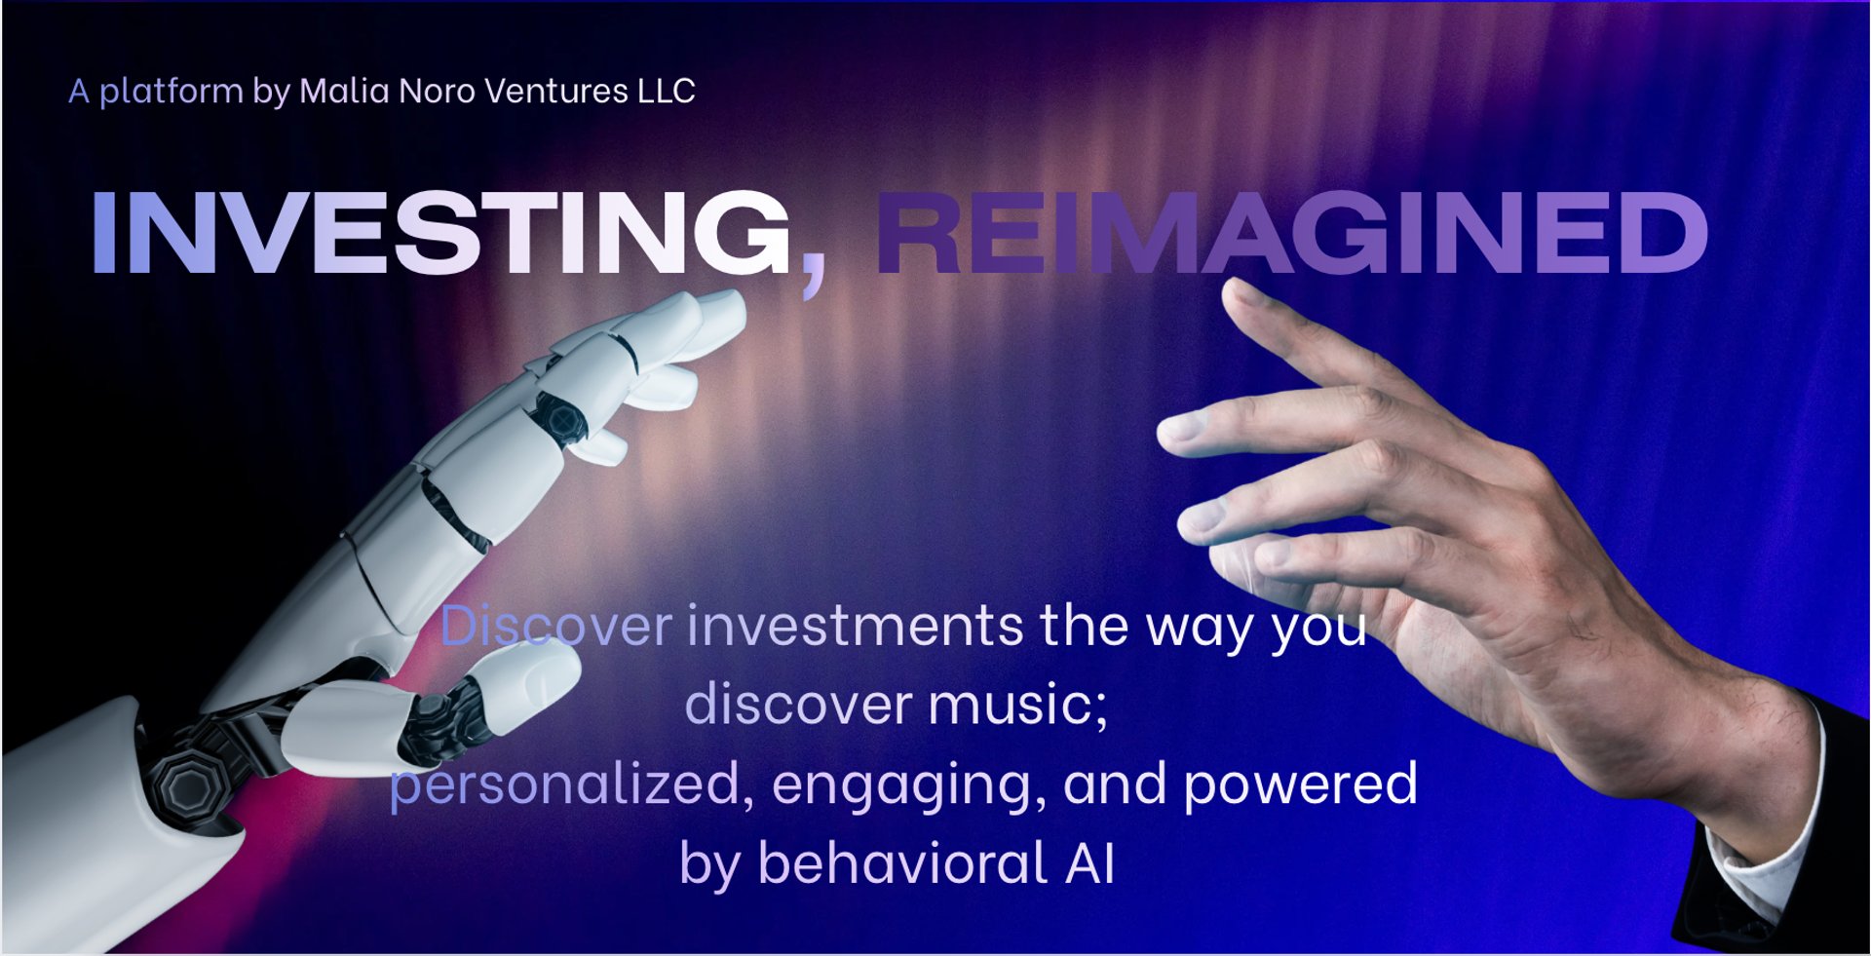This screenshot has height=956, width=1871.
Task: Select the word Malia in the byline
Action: click(345, 91)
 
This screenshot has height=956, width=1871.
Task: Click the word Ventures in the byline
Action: click(556, 91)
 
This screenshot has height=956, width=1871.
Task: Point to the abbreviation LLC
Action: click(667, 91)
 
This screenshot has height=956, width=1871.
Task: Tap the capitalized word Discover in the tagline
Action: click(556, 625)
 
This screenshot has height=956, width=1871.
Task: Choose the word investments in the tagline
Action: click(856, 626)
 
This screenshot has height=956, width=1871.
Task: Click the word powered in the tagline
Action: click(1301, 784)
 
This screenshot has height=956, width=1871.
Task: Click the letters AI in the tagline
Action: click(1090, 863)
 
